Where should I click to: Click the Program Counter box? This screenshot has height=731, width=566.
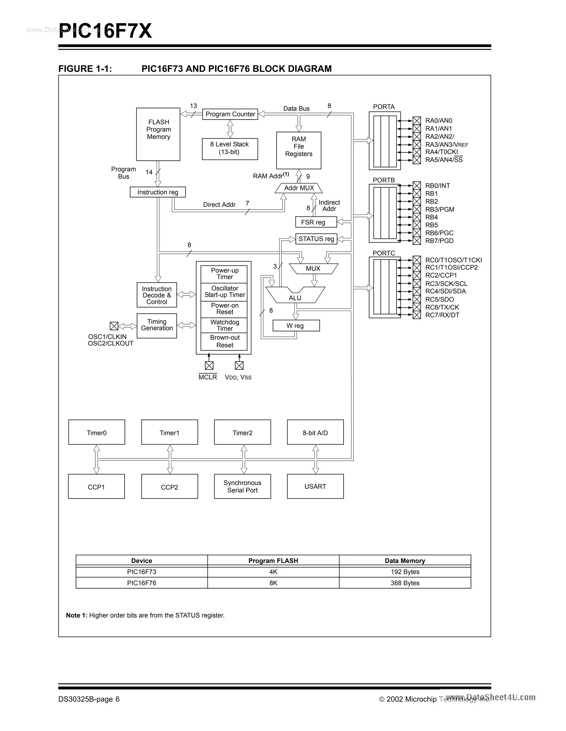[230, 114]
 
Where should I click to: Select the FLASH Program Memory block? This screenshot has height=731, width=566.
[158, 134]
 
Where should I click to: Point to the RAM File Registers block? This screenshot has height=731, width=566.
[298, 150]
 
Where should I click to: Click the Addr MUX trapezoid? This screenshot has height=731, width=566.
[299, 188]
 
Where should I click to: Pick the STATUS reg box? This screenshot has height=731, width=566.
[316, 239]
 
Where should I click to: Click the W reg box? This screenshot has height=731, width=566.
[296, 326]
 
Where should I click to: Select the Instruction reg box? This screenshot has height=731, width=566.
[158, 192]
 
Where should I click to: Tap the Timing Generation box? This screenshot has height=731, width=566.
[157, 325]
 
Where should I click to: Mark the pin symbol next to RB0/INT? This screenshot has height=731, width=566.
[417, 186]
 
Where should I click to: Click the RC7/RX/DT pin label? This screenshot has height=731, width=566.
[442, 315]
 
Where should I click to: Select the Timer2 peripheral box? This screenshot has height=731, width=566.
[242, 432]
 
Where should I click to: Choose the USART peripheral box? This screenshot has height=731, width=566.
[315, 486]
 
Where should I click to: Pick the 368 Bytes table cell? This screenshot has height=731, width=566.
[405, 583]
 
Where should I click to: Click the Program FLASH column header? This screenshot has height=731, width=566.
[273, 561]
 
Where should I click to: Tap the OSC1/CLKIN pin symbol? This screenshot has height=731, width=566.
[114, 326]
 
